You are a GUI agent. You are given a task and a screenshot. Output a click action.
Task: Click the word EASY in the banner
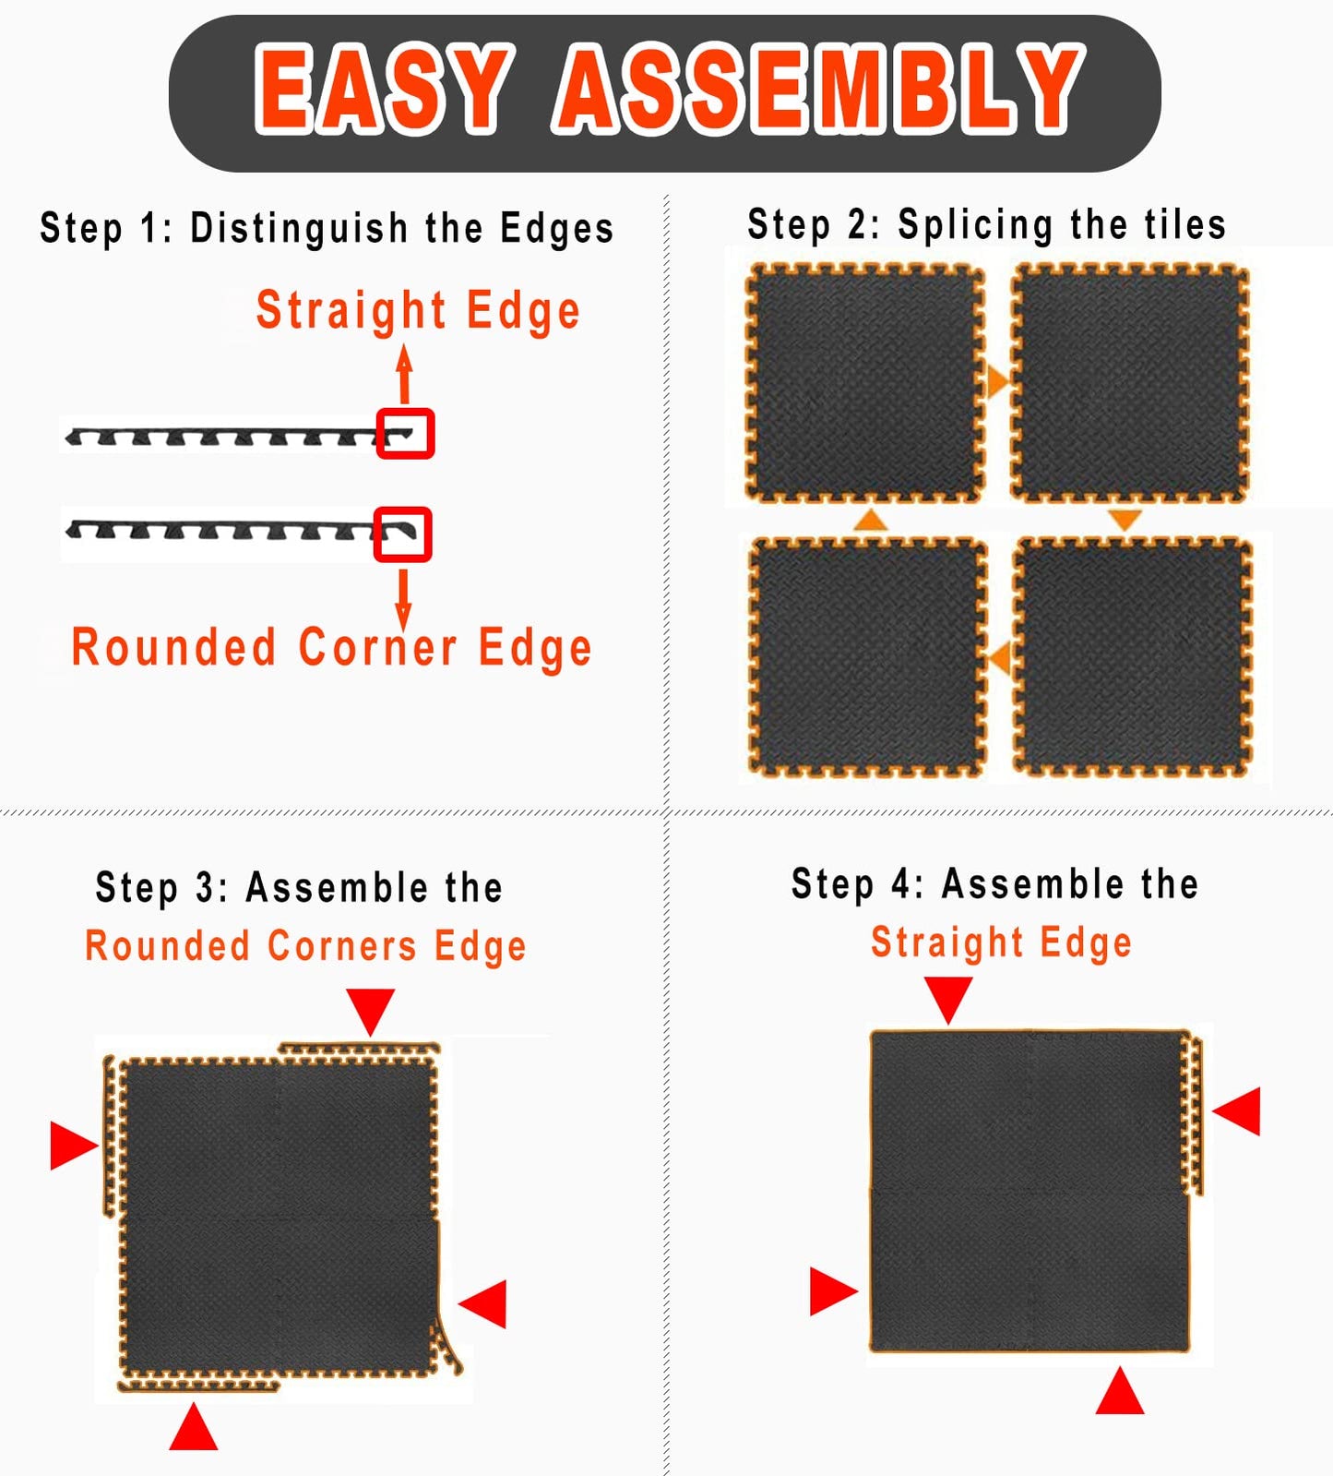(384, 90)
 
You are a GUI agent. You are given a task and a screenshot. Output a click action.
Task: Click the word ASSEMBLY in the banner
(819, 90)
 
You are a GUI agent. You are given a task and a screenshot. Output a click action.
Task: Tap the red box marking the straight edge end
(405, 434)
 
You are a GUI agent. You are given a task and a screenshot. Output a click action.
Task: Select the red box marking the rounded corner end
(402, 534)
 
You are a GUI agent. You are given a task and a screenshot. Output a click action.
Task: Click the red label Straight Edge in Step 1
(419, 310)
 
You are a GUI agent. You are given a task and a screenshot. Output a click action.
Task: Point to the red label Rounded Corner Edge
(332, 648)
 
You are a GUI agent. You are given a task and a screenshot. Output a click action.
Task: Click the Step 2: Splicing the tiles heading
(987, 224)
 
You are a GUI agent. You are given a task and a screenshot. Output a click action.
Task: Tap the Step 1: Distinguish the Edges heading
(327, 229)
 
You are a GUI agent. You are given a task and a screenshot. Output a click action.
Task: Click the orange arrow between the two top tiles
(997, 381)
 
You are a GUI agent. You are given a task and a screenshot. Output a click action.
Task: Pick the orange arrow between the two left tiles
(870, 519)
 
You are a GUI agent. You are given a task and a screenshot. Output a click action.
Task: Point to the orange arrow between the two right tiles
(1125, 520)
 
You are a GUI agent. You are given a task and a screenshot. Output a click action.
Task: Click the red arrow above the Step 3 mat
(371, 1011)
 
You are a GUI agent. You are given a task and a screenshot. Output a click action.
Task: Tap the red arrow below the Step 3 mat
(194, 1427)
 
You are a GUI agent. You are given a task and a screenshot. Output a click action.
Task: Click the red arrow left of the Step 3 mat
(74, 1146)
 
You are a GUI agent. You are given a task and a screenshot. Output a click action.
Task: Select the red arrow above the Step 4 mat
(948, 1000)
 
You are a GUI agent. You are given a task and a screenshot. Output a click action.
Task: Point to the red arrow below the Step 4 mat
(1120, 1391)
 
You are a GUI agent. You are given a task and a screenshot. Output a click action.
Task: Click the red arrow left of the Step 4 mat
(834, 1291)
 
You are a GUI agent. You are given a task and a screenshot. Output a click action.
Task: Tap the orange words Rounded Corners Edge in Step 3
(306, 947)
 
